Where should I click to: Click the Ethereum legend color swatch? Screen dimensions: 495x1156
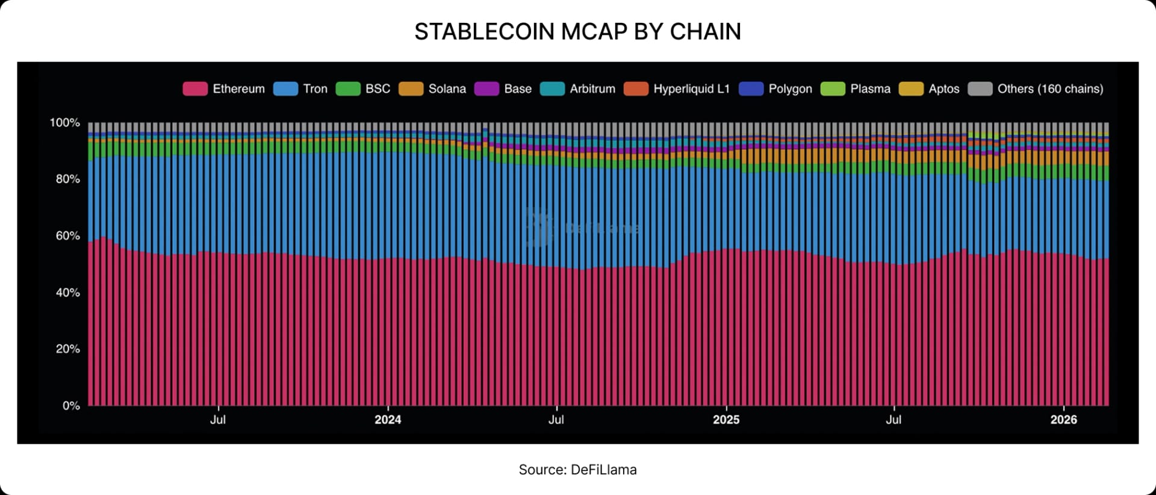[195, 89]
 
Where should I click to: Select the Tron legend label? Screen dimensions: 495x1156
[315, 89]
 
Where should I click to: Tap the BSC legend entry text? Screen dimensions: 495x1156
[378, 89]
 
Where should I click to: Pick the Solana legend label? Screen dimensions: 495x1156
[447, 89]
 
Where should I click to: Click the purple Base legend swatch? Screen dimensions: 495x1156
[486, 89]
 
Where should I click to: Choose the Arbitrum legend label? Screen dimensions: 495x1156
[592, 89]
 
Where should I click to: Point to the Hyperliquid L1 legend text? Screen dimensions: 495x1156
[691, 89]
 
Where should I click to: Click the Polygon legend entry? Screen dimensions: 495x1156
[790, 89]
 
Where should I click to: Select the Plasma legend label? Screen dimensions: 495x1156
[870, 89]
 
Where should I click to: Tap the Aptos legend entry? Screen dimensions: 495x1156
[943, 89]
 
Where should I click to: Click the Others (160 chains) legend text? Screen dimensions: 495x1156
[1050, 89]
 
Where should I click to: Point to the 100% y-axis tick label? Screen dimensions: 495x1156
[64, 123]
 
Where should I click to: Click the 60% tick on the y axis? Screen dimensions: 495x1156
[67, 236]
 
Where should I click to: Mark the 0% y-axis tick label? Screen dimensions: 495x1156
[71, 406]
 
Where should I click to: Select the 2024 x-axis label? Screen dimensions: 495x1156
[388, 420]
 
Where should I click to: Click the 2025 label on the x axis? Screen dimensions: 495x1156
[726, 420]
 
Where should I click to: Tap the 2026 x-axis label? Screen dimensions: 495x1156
[1063, 420]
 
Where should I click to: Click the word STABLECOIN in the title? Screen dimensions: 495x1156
[484, 32]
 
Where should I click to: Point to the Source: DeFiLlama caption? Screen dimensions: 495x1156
[577, 470]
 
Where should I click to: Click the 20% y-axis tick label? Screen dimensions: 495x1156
[67, 349]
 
